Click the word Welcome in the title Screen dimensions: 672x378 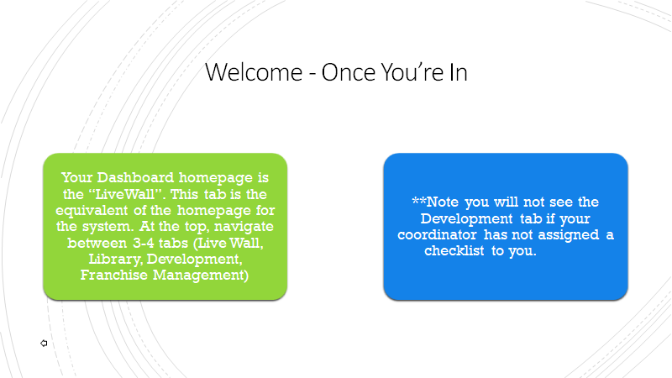coord(254,72)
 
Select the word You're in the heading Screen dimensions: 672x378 coord(412,72)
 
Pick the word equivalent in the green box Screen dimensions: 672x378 coord(92,211)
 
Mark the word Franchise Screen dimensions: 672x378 coord(114,275)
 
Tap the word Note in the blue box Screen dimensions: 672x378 coord(443,202)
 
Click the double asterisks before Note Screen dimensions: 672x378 coord(418,200)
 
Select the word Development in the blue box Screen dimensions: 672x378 coord(466,218)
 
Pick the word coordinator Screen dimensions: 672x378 coord(437,235)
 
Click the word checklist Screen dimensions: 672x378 coord(454,250)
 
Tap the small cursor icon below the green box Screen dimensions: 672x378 coord(44,344)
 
